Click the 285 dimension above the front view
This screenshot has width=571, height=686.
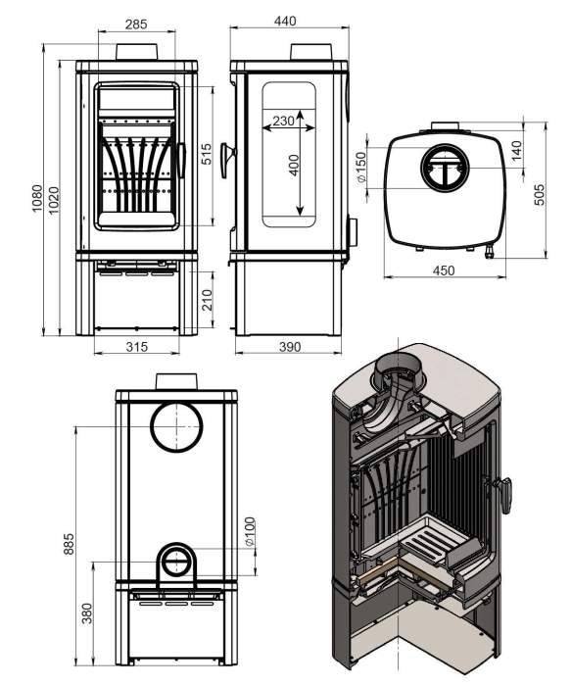click(136, 24)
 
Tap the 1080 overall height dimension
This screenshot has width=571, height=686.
click(37, 198)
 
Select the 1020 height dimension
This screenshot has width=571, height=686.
click(53, 200)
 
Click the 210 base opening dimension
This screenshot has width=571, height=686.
click(208, 300)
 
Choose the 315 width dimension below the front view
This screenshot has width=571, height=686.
click(137, 347)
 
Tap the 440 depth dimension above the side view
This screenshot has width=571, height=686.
click(285, 21)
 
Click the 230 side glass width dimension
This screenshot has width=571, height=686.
click(283, 121)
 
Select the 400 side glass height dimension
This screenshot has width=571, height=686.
click(294, 165)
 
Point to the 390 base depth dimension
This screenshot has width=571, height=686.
click(290, 347)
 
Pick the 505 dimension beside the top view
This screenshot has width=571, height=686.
click(540, 194)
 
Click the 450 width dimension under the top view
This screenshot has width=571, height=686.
click(444, 270)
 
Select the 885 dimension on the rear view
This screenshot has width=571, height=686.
click(69, 544)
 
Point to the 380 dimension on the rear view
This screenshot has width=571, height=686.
click(87, 612)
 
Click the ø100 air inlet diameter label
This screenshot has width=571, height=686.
click(250, 532)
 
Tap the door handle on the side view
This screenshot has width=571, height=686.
click(227, 160)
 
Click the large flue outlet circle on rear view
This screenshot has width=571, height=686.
click(176, 427)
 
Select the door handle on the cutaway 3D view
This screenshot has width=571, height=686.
click(503, 494)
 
